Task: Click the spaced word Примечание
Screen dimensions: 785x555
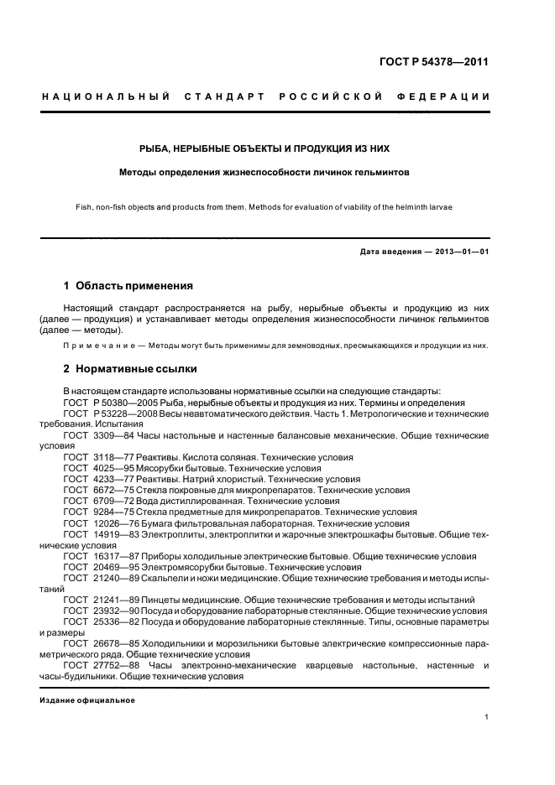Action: [94, 346]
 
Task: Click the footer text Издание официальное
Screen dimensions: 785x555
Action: [86, 699]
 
